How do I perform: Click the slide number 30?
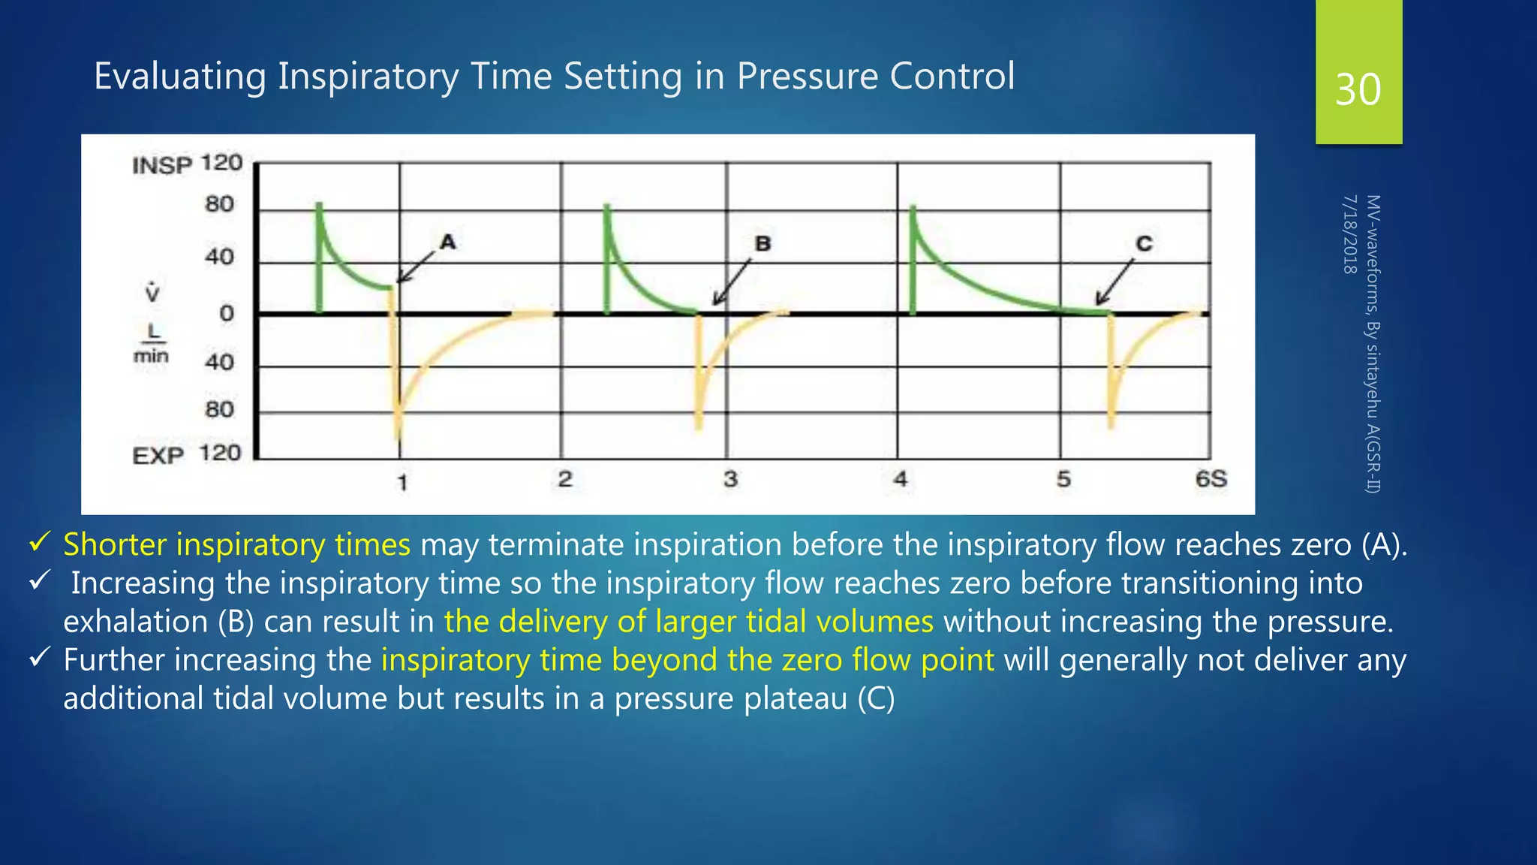1358,90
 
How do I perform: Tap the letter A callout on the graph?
448,242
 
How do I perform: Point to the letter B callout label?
762,243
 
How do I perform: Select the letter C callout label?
1144,243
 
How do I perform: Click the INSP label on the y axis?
162,165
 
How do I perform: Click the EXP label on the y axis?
158,456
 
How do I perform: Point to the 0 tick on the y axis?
226,313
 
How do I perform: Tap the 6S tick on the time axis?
1211,479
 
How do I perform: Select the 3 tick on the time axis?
730,479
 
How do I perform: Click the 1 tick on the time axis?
402,482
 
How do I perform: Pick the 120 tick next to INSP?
221,163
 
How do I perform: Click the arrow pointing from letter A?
416,267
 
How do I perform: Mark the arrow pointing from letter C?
1114,282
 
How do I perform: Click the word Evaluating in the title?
179,77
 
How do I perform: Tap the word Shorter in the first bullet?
115,544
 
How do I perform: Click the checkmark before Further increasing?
39,658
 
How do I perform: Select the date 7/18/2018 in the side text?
1349,234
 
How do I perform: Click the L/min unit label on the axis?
152,344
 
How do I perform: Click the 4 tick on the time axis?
900,479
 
